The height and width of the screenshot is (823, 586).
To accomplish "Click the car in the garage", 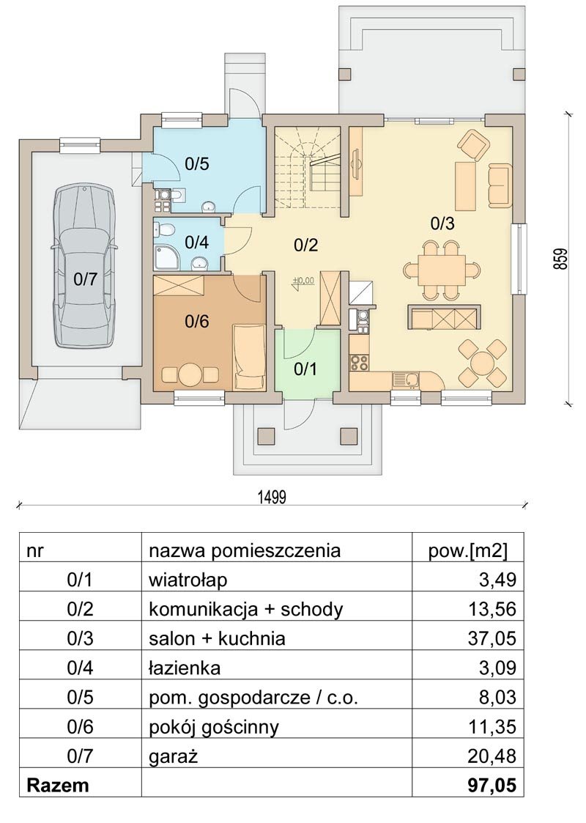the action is tap(84, 266).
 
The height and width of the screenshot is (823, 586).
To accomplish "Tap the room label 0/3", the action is tap(442, 224).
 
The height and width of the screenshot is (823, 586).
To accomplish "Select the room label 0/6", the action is tap(197, 321).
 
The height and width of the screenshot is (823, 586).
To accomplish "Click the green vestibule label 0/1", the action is tap(305, 369).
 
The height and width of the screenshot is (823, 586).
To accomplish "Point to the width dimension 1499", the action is tap(272, 496).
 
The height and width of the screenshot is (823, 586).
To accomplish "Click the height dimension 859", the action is tap(560, 259).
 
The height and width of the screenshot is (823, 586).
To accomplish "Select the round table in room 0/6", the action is tap(190, 374).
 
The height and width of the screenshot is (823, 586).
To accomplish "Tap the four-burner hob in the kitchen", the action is tap(360, 362).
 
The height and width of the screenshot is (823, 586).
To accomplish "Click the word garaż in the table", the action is tap(173, 756).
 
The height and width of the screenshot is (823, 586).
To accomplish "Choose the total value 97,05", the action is tap(492, 785).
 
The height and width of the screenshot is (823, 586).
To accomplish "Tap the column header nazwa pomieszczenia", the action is tap(245, 551).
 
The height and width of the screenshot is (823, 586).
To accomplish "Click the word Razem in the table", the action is tap(58, 785).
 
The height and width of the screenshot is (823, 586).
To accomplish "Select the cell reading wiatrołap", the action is tap(188, 580).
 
